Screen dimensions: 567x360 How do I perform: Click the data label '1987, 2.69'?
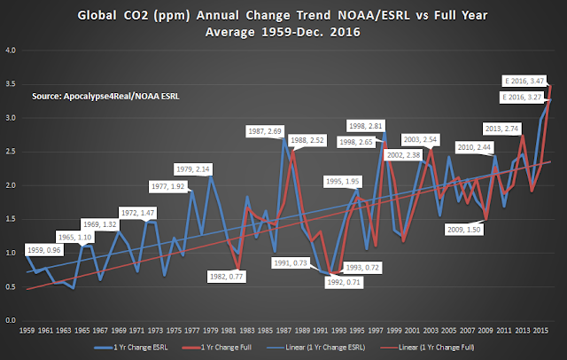(x=265, y=131)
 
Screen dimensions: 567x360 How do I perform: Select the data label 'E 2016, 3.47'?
(x=524, y=81)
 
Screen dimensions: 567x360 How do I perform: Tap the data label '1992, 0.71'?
(x=344, y=282)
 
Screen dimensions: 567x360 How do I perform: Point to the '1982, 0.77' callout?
(x=227, y=277)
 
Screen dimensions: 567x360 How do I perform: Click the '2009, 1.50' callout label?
(x=464, y=230)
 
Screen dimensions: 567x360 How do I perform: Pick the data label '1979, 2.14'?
(x=193, y=169)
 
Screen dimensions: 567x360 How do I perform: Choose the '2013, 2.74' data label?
(x=502, y=129)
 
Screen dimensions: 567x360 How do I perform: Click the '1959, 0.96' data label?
(x=44, y=250)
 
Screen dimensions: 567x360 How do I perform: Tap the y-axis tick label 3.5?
(x=11, y=84)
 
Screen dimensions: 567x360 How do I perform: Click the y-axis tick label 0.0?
(x=11, y=320)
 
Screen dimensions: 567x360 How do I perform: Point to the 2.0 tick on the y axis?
(x=11, y=185)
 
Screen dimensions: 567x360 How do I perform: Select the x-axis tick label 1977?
(x=192, y=331)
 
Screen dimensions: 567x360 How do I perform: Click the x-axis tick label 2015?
(x=540, y=331)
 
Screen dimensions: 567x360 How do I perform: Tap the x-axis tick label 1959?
(x=27, y=331)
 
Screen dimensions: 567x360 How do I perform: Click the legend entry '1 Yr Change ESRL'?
(x=131, y=348)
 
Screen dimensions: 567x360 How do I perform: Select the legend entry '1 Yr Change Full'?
(x=216, y=348)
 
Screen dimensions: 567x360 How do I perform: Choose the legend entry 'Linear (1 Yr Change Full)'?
(x=427, y=348)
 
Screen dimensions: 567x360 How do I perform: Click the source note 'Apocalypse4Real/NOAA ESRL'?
(x=121, y=97)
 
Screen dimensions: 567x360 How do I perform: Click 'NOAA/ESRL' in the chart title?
(x=374, y=16)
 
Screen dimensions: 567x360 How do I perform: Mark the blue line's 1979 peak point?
(x=211, y=176)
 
